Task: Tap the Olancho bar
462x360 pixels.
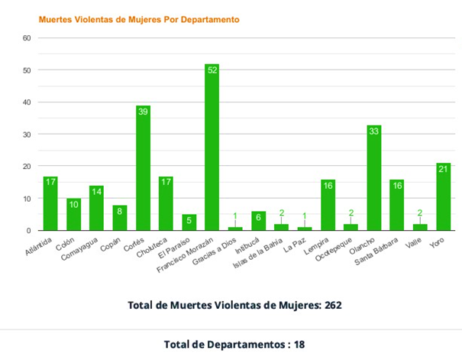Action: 374,179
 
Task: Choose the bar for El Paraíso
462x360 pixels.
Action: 189,222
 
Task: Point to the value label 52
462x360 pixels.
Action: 212,70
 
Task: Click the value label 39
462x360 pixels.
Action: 143,112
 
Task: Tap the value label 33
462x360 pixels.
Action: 374,131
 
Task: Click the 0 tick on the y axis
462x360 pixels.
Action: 28,230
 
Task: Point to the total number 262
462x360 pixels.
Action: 331,305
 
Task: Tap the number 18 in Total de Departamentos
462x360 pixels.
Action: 299,345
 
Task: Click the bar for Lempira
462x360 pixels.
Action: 328,205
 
